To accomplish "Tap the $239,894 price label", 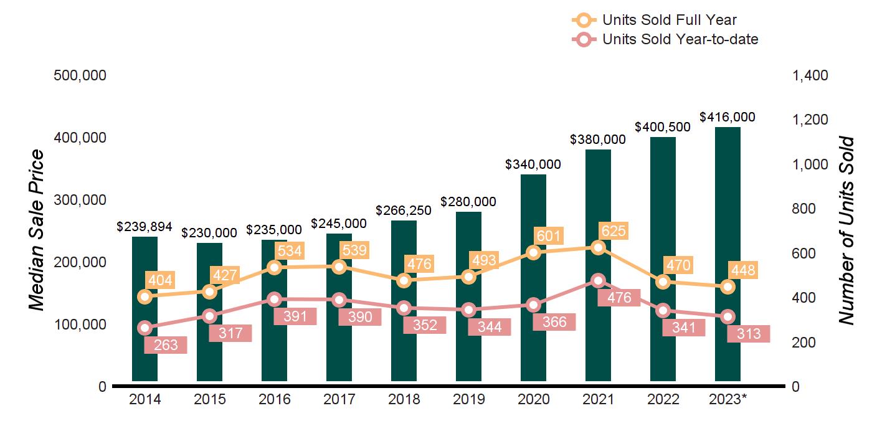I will point(145,227).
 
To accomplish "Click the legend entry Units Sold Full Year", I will point(670,21).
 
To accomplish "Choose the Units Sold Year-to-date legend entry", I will point(680,39).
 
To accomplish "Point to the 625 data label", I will point(614,231).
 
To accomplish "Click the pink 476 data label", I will point(618,298).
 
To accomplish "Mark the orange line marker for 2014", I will point(145,296).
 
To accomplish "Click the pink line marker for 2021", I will point(598,280).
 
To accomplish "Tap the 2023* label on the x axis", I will point(727,399).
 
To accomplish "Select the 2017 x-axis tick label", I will point(339,399).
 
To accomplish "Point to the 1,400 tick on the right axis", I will point(810,75).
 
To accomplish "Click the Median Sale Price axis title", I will point(38,230).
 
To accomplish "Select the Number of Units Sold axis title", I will point(845,230).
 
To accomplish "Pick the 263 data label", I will point(165,345).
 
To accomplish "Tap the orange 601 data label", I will point(549,236).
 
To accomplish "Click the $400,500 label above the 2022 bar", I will point(663,127).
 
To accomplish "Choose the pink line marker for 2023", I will point(727,317).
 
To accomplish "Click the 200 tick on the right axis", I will point(803,343).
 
